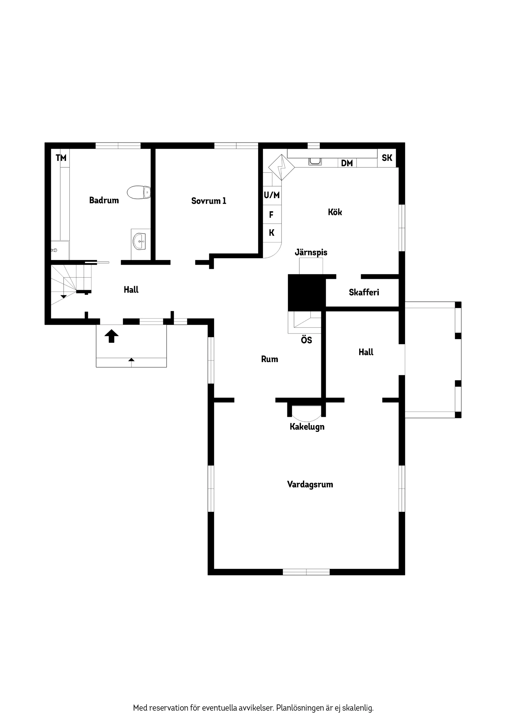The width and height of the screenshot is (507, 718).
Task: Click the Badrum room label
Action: click(104, 200)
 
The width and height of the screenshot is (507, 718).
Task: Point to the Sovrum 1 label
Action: click(209, 201)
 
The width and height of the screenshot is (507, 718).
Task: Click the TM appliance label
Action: click(61, 158)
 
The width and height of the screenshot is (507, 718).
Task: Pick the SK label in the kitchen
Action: click(387, 158)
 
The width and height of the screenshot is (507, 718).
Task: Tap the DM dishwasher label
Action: click(347, 163)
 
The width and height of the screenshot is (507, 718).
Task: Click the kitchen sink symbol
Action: click(315, 162)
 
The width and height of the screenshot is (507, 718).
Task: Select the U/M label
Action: click(272, 195)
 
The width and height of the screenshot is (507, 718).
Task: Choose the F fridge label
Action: click(271, 214)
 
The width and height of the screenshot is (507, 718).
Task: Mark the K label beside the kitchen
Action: click(271, 233)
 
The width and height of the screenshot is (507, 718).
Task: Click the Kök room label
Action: click(335, 212)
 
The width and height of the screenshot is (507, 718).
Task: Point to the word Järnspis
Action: click(311, 252)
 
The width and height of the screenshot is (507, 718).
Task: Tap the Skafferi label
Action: click(364, 292)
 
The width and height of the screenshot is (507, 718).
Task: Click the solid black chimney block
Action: click(306, 293)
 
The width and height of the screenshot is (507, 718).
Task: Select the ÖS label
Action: click(306, 340)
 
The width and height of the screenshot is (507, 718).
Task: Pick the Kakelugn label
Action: click(307, 427)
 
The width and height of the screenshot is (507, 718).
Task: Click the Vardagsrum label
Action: click(310, 485)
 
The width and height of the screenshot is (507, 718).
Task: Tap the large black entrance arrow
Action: click(112, 336)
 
